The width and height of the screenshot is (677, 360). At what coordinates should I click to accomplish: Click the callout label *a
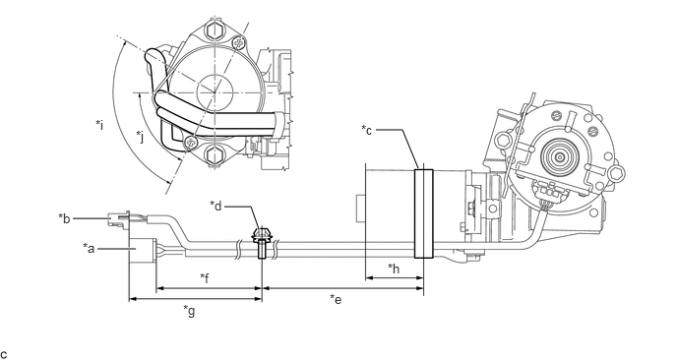(89, 248)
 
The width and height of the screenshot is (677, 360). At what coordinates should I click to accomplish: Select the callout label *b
(64, 218)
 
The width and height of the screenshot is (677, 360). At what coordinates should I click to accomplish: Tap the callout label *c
(367, 130)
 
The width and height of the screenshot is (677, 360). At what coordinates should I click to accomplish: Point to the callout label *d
(215, 206)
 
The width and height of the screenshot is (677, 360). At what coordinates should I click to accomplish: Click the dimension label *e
(336, 299)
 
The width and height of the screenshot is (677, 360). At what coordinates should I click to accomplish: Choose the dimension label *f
(205, 278)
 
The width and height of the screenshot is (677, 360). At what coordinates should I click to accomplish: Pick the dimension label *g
(189, 311)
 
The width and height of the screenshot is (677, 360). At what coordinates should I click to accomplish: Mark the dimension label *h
(394, 269)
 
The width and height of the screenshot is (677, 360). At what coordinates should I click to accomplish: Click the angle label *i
(99, 125)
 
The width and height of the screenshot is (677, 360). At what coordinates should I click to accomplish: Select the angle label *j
(140, 137)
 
